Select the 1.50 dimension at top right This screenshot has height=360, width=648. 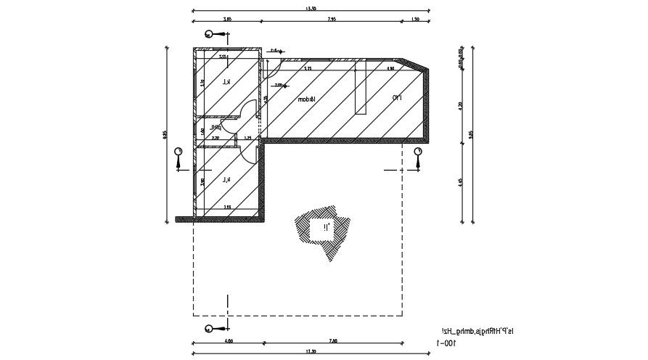(415, 20)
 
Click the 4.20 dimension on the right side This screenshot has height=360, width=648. (462, 105)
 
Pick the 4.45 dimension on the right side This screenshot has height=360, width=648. (462, 183)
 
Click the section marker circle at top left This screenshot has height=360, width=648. (209, 34)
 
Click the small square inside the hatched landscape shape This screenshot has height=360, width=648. (320, 229)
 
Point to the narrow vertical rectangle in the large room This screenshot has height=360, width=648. (360, 86)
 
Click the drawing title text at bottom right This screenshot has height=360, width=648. (470, 331)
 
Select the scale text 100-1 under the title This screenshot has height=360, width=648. (446, 343)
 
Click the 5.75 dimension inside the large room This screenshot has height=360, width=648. (308, 69)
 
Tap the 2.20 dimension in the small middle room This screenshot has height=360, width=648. (216, 137)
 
